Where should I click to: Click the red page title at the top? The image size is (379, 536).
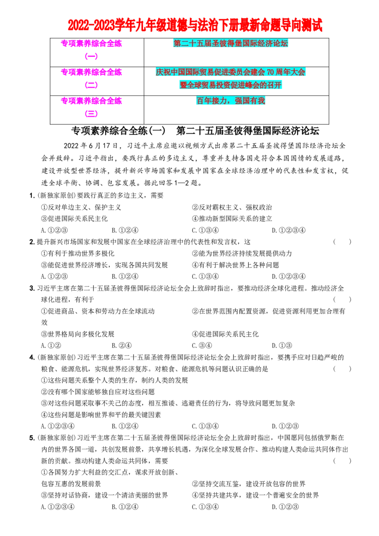coord(195,25)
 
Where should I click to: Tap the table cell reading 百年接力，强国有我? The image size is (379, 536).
coord(231,100)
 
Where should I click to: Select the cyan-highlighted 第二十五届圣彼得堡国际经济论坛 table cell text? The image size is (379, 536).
coord(231,43)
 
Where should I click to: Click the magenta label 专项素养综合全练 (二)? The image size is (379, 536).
coord(91,78)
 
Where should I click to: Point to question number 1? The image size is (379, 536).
coord(32,196)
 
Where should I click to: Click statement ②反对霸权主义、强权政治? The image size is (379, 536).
coord(232,207)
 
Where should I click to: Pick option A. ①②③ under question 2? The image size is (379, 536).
coord(54,276)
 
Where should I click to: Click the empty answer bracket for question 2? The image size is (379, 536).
coord(342,241)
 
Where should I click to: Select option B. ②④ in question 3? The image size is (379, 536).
coord(121,345)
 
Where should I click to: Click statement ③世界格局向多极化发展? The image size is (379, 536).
coord(78,334)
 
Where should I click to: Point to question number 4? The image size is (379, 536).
coord(32,357)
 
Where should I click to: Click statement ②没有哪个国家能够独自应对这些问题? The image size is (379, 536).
coord(98,392)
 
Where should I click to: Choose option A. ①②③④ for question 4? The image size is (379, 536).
coord(58,426)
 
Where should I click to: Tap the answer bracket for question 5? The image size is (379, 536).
coord(342,461)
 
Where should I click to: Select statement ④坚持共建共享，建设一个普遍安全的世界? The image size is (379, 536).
coord(255,495)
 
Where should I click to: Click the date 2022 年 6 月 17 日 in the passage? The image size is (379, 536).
coord(90,146)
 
